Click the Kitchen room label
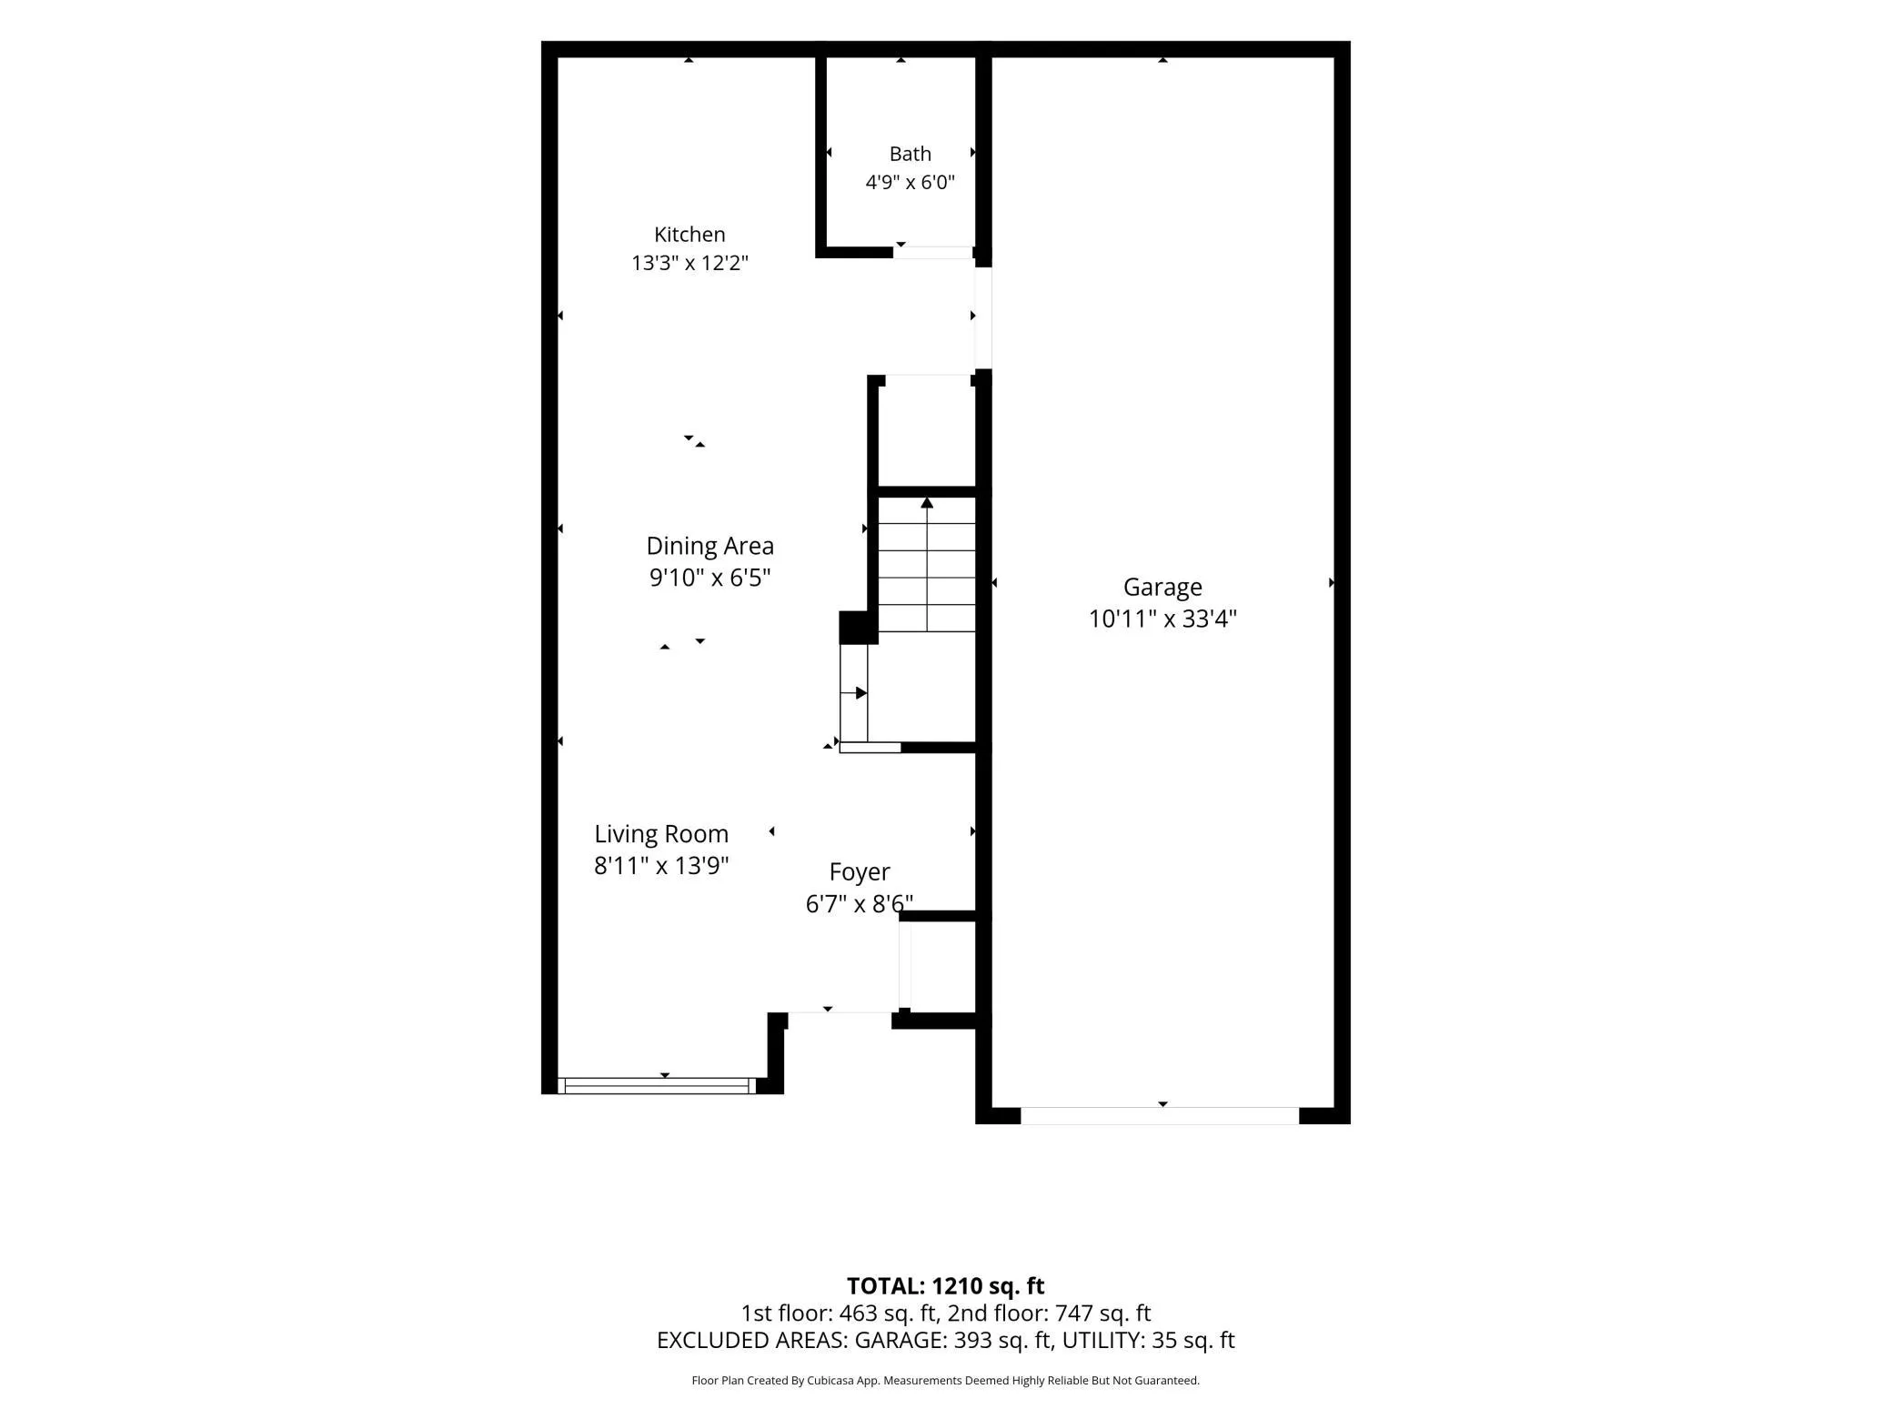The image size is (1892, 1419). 689,235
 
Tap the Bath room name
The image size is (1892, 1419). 910,154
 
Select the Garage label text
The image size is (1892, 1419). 1162,588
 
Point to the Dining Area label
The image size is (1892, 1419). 709,546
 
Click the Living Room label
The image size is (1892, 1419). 661,834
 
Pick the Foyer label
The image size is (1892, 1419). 860,872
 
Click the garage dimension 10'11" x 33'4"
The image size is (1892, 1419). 1162,619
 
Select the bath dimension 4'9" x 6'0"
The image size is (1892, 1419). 910,182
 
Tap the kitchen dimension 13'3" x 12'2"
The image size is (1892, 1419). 689,263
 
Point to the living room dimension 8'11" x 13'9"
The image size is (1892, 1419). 661,865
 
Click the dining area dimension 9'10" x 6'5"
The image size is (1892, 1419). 709,578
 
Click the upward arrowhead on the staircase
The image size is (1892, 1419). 927,503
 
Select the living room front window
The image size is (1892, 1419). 656,1085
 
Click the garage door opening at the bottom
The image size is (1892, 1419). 1160,1116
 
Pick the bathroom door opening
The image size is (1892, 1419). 933,252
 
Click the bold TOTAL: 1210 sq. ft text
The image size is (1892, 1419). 945,1286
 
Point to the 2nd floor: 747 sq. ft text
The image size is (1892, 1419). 1049,1313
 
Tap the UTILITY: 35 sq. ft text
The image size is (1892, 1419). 1148,1341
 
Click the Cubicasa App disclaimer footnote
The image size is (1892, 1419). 945,1381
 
